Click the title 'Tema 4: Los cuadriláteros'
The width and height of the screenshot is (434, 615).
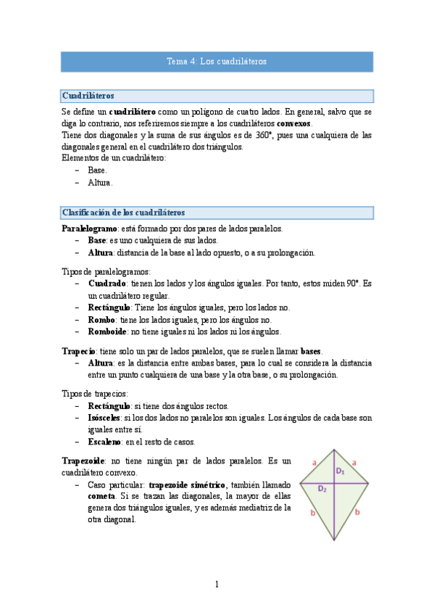click(x=217, y=62)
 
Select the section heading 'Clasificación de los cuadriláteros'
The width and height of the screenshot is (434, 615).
click(x=123, y=212)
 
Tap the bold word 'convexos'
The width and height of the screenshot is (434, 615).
click(x=293, y=123)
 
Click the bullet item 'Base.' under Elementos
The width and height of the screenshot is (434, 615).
click(x=97, y=170)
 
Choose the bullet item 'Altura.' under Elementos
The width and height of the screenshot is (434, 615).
click(x=100, y=183)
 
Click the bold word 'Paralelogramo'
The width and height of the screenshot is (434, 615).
click(x=90, y=228)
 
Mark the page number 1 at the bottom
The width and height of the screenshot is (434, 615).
click(x=217, y=585)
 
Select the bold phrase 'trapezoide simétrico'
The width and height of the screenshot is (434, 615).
click(x=189, y=484)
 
